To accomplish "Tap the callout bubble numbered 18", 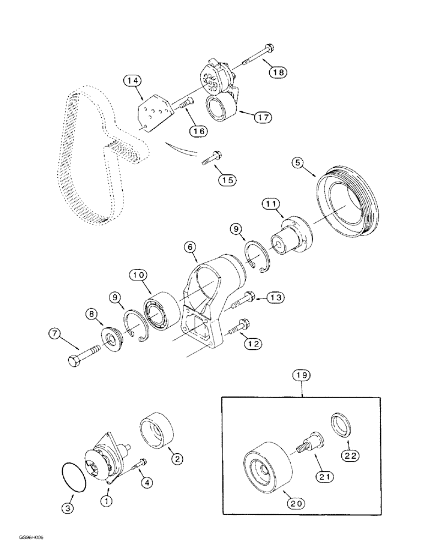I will point(278,71).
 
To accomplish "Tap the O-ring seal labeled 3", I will point(72,477).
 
